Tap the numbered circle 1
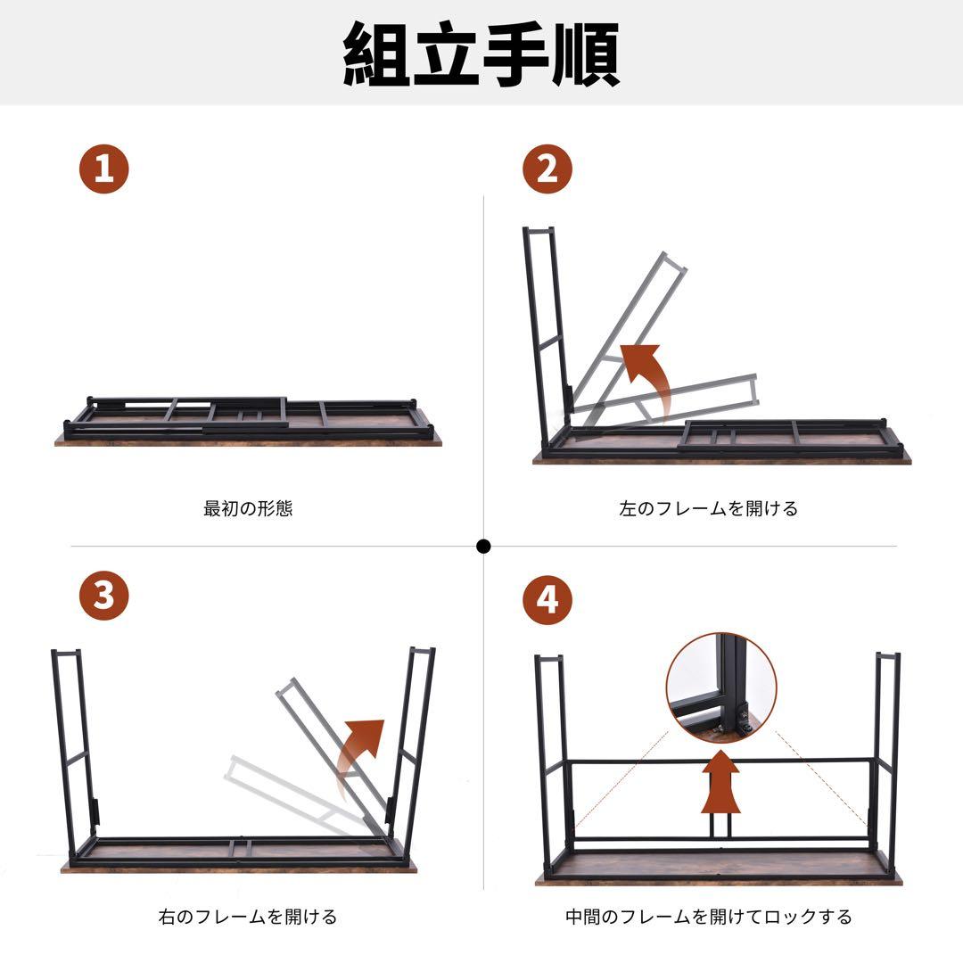tap(104, 169)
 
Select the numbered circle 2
tap(547, 169)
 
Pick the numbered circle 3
tap(104, 595)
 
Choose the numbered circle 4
tap(547, 599)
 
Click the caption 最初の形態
tap(248, 509)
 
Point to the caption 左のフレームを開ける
tap(708, 509)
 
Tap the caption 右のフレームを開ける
tap(248, 917)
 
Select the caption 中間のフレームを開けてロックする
tap(708, 917)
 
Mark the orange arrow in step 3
tap(364, 753)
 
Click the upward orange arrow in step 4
tap(720, 785)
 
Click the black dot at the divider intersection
tap(483, 546)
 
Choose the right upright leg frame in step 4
tap(886, 758)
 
